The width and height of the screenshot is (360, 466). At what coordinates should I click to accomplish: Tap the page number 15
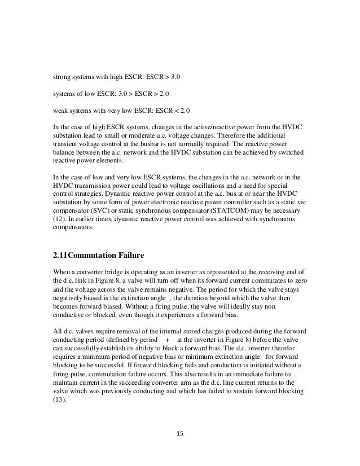(180, 434)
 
